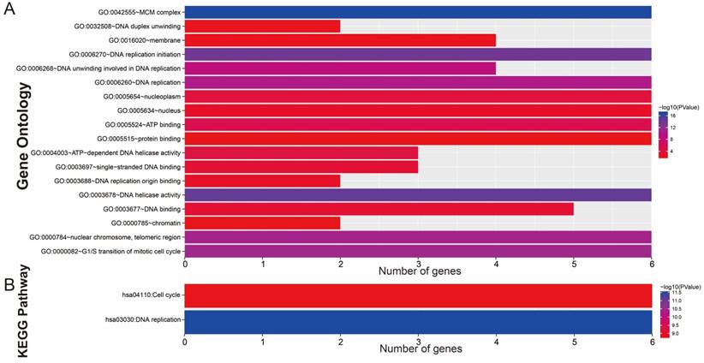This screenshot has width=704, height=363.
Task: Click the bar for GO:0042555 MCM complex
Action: (418, 12)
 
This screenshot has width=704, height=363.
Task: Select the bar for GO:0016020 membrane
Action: (341, 39)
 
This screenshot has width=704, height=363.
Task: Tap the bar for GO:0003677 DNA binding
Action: (379, 209)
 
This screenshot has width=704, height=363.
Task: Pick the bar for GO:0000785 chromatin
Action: (263, 223)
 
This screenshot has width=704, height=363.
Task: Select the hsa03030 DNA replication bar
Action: (418, 320)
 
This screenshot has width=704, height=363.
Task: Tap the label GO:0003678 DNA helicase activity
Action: (128, 195)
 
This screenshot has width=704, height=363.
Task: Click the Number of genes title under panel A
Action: (419, 271)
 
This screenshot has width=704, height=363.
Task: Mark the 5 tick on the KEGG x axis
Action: (574, 338)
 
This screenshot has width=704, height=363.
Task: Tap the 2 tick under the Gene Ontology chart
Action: (341, 263)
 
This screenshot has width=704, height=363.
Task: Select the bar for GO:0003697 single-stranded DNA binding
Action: (301, 166)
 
